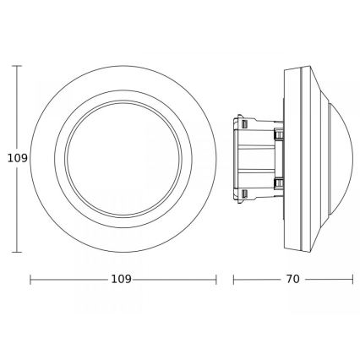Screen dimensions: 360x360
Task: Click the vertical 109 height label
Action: click(x=10, y=157)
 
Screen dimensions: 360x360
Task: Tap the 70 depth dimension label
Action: click(x=292, y=278)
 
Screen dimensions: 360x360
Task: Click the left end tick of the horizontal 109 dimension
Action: click(x=30, y=278)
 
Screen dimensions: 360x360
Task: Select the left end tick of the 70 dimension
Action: click(x=234, y=278)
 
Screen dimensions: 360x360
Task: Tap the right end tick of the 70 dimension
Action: click(x=352, y=278)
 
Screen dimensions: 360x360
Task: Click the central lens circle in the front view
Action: click(x=123, y=157)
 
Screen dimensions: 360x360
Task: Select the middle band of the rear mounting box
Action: click(x=258, y=157)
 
